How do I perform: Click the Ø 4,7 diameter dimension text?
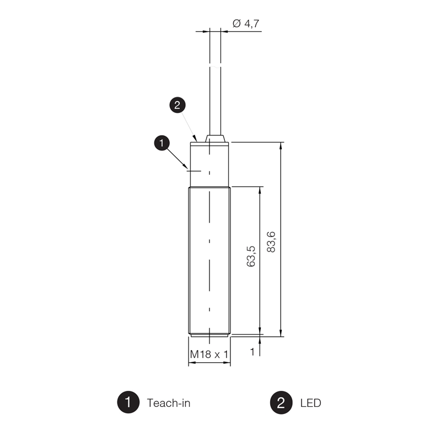pos(246,23)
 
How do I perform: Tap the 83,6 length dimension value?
pos(271,242)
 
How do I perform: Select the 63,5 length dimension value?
pos(251,256)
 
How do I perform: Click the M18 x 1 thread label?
pos(209,354)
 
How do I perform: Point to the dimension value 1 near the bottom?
pos(252,352)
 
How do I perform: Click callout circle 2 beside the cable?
pos(177,105)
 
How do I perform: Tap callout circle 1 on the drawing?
pos(162,143)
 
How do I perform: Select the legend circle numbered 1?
pos(128,402)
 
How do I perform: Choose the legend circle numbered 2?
pos(281,403)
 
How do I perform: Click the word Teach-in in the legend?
pos(169,403)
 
